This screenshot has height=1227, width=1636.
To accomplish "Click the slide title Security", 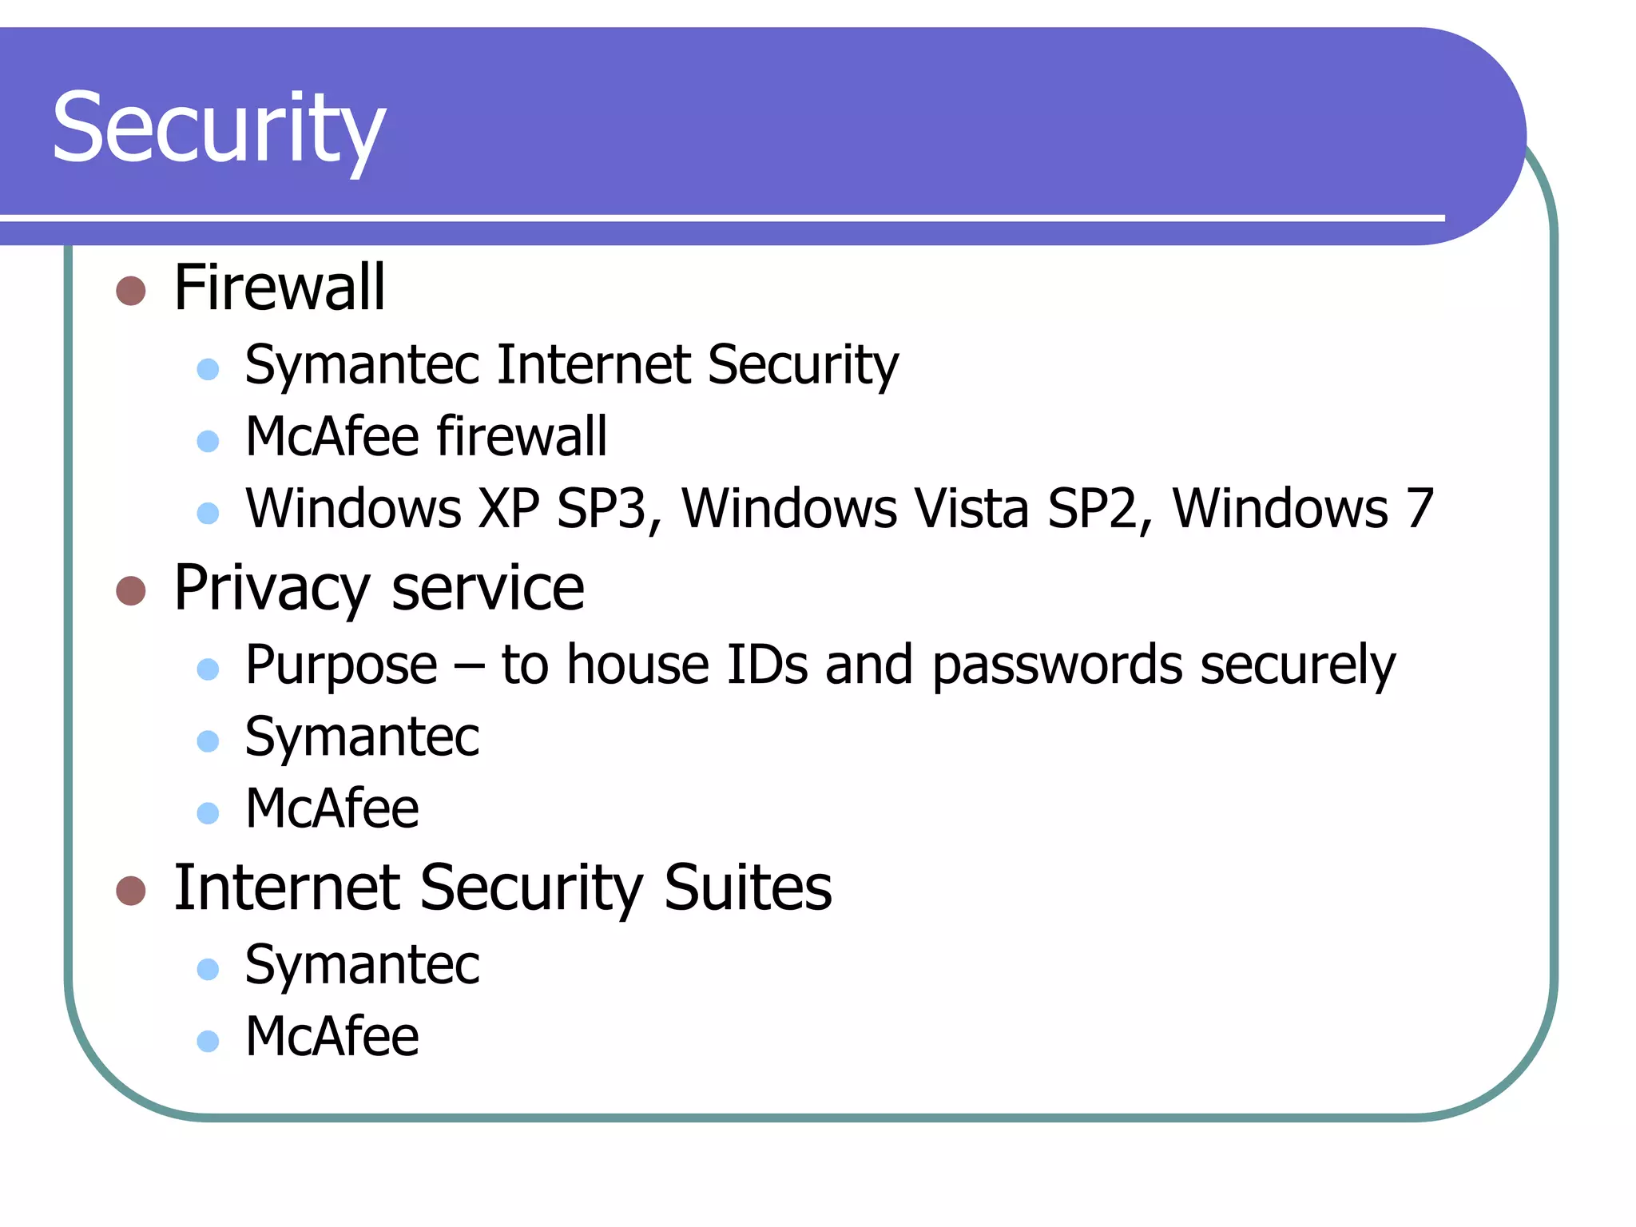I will pos(218,128).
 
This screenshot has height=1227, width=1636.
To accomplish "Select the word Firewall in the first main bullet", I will pos(280,288).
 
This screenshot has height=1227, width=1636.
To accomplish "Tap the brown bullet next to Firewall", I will pos(131,291).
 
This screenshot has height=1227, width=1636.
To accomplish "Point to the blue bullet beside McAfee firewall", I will pos(208,441).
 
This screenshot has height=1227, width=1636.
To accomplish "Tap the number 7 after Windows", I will pos(1420,509).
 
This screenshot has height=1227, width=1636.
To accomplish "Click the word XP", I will pos(508,509).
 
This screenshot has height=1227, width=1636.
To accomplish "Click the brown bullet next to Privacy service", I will pos(131,591).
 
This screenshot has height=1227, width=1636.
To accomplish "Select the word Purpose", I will pos(341,666).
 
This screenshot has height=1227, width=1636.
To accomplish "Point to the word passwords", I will pos(1057,666).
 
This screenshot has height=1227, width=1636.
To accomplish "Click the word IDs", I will pos(767,665).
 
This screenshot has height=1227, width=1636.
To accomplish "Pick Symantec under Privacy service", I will pos(362,738).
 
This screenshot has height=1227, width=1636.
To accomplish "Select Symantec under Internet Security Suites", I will pos(362,966).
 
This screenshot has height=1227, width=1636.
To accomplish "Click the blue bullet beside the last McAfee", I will pos(208,1041).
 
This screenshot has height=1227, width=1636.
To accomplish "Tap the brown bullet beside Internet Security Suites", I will pos(131,891).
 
